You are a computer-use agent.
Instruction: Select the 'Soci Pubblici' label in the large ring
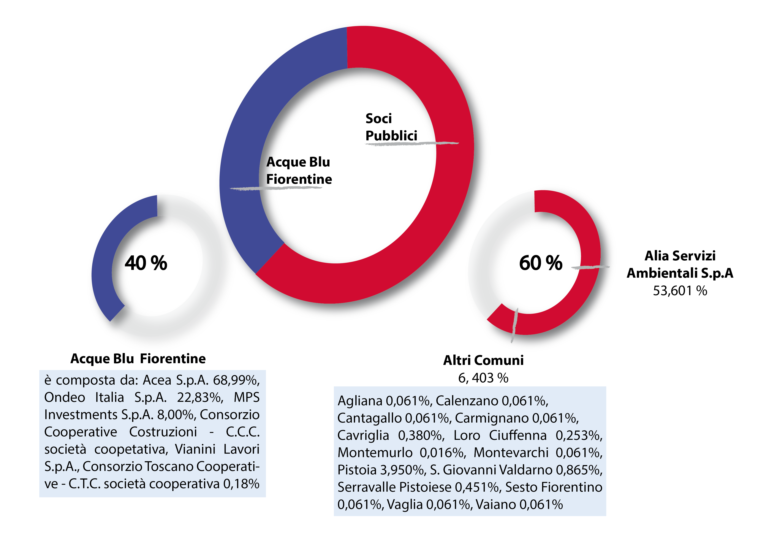coord(391,127)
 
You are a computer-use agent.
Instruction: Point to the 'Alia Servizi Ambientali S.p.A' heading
coord(680,264)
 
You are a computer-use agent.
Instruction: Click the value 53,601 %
coord(680,291)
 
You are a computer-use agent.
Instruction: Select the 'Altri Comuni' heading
coord(483,360)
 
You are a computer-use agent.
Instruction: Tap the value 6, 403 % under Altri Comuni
coord(483,378)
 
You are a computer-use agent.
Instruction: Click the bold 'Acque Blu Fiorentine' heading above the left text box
coord(138,358)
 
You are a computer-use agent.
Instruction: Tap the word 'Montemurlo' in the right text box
coord(375,453)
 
